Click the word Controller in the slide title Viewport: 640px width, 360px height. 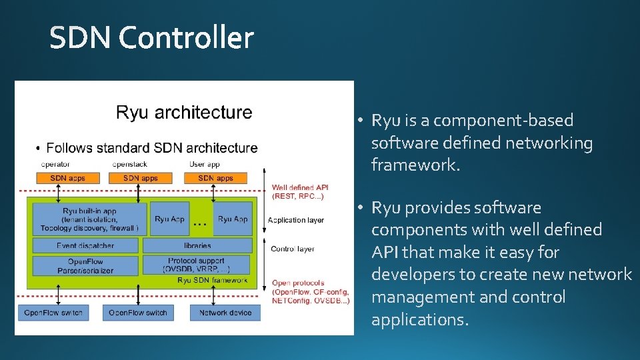pos(187,38)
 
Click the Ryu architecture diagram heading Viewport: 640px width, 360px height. pos(184,112)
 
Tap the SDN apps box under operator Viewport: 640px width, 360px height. pos(66,178)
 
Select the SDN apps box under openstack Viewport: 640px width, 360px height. pos(140,178)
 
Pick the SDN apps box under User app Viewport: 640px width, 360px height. pos(215,178)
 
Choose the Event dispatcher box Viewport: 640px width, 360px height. pos(85,245)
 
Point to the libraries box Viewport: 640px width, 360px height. pos(197,245)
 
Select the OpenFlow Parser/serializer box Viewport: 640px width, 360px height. pos(85,265)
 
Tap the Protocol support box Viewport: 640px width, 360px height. pos(197,265)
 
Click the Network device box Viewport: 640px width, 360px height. pos(225,312)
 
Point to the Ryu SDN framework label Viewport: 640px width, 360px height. pos(213,280)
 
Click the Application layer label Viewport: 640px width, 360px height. pos(296,220)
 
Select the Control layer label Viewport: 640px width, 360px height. pos(292,249)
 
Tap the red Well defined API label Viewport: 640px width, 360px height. pos(300,192)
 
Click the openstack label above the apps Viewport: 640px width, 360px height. pos(129,164)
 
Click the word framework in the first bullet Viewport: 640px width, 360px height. pos(415,165)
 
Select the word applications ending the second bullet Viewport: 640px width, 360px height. pos(419,320)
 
